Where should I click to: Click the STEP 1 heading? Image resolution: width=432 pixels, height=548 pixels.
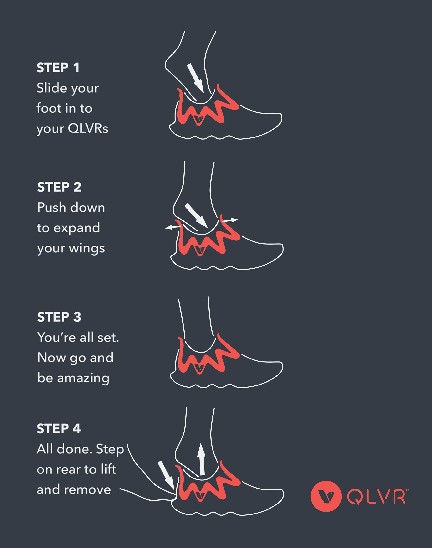[58, 68]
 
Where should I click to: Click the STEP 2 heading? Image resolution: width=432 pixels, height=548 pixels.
[59, 187]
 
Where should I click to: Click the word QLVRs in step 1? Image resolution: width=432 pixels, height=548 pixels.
[88, 129]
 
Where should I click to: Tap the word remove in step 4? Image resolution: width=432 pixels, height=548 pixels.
[88, 490]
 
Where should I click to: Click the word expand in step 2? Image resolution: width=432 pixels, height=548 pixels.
[77, 228]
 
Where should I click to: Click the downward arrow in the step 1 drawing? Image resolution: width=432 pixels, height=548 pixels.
[195, 78]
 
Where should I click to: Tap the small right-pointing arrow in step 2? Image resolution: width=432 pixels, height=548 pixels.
[230, 220]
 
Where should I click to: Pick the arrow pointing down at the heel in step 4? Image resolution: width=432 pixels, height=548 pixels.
[166, 475]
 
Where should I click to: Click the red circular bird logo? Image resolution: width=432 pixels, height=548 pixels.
[326, 496]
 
